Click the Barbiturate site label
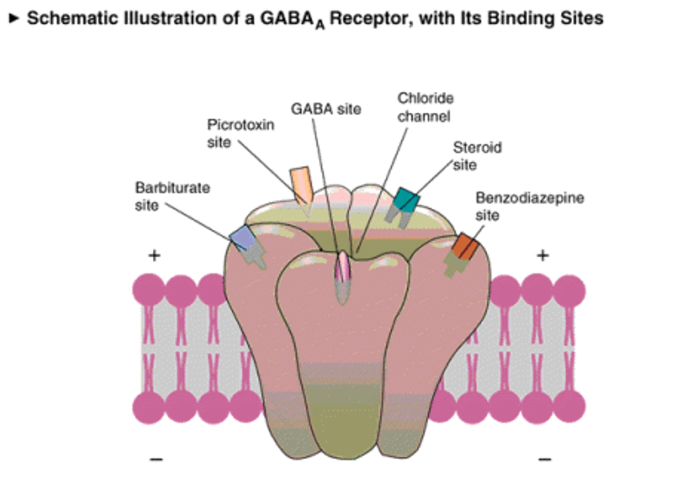tap(172, 196)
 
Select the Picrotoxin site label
tap(240, 133)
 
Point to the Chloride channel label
tap(426, 107)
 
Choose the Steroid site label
tap(477, 156)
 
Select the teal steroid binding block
tap(405, 200)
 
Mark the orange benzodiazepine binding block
tap(463, 245)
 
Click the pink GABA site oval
tap(343, 268)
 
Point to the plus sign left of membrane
tap(154, 256)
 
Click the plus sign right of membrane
tap(542, 256)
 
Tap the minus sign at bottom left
tap(156, 460)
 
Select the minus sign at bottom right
tap(545, 460)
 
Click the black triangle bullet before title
tap(13, 19)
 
